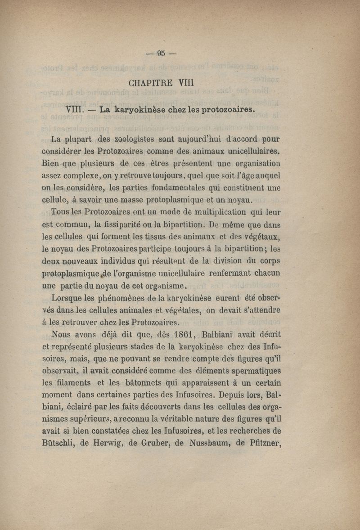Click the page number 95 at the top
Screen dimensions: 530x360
click(x=161, y=54)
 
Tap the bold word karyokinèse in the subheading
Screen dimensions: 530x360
click(x=139, y=109)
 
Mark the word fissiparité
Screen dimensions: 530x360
click(x=125, y=223)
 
